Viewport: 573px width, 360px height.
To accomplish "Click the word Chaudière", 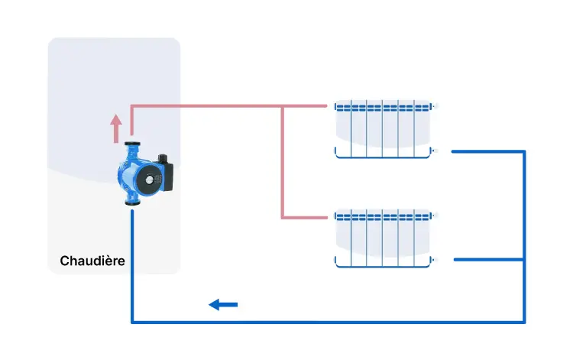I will click(92, 261).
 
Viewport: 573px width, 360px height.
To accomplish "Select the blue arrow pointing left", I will click(223, 305).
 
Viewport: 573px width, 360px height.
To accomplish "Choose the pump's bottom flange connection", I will click(132, 203).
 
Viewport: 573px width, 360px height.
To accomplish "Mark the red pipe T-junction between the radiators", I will click(283, 106).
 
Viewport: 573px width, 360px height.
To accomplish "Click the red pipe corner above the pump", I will click(132, 106).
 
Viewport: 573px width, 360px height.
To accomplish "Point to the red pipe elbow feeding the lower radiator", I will click(283, 217).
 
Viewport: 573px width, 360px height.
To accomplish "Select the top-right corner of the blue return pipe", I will click(524, 151).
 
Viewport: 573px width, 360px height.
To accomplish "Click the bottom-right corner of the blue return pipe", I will click(524, 320).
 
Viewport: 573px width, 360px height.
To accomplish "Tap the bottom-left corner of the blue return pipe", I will click(132, 320).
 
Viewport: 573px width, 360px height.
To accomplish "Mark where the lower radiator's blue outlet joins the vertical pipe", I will click(524, 260).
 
